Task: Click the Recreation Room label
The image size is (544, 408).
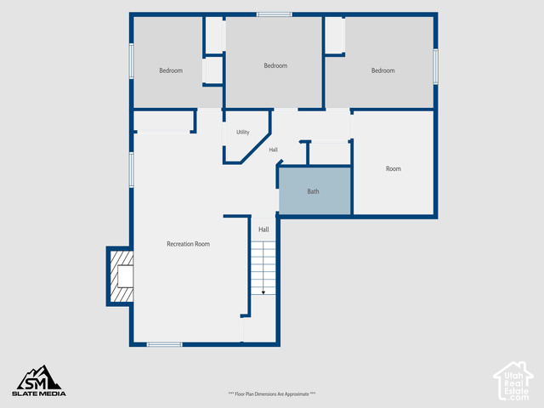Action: [188, 244]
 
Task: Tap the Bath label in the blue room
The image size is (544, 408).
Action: [313, 191]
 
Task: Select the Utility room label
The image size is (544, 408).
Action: [243, 133]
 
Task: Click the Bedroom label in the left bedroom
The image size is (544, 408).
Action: [171, 71]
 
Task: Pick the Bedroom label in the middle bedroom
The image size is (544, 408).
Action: [275, 65]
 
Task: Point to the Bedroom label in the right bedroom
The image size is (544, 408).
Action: [383, 71]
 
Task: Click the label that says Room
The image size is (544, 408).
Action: [394, 168]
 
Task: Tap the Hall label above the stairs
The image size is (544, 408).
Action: [263, 229]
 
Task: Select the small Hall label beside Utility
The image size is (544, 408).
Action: [274, 150]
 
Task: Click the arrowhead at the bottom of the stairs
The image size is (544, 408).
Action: [263, 292]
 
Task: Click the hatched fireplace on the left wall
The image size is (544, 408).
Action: [122, 276]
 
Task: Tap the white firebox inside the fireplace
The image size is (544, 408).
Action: [125, 276]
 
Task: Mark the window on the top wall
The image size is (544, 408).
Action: [274, 14]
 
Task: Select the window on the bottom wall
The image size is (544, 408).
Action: [164, 344]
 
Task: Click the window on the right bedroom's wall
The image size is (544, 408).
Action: [435, 66]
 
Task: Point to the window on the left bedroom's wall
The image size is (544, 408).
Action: [132, 61]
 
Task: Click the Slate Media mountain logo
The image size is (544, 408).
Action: [39, 381]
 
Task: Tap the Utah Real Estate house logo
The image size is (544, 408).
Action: [513, 381]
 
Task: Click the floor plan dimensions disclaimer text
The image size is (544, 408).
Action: [272, 394]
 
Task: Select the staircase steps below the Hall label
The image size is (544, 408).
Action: [263, 269]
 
